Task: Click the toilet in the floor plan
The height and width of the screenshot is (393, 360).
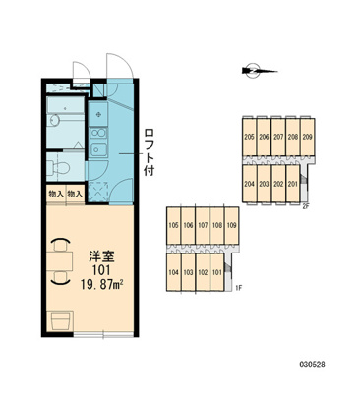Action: [58, 168]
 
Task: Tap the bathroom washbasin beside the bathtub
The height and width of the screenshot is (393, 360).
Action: [54, 120]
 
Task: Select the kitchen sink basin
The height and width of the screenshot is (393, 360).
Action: [98, 149]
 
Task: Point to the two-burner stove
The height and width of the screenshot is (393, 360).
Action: [98, 133]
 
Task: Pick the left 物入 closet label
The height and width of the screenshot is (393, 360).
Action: [56, 194]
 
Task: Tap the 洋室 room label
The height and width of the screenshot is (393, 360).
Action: [102, 256]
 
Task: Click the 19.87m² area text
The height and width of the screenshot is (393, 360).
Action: [101, 284]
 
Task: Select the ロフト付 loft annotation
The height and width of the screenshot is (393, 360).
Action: [150, 152]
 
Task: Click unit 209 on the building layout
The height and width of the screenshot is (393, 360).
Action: [307, 137]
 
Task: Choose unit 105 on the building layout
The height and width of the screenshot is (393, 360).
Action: [173, 225]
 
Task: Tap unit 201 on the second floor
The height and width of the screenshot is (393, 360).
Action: [292, 184]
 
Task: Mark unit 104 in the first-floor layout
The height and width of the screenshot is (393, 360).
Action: [173, 272]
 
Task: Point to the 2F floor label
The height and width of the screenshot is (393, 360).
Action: [306, 206]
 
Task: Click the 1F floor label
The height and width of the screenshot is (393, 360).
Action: [238, 289]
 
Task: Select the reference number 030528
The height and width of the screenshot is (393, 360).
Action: [312, 365]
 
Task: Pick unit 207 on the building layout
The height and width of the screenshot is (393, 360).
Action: [278, 137]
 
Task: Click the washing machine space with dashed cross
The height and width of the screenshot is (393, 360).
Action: [98, 191]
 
